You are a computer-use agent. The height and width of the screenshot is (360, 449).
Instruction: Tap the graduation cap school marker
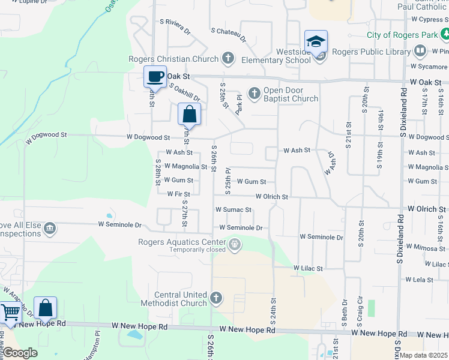click(x=316, y=42)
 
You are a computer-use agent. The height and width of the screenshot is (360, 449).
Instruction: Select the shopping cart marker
click(x=10, y=313)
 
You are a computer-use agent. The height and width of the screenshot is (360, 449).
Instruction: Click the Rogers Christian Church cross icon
click(x=228, y=59)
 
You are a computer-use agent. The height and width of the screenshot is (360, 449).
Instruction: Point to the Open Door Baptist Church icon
click(x=255, y=93)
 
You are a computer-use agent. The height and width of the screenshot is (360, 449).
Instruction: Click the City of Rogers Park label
click(x=403, y=35)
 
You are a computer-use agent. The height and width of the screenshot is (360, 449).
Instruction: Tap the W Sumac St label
click(x=233, y=210)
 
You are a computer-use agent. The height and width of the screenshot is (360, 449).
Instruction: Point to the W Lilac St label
click(x=308, y=268)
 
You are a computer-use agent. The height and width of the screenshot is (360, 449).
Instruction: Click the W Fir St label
click(x=178, y=194)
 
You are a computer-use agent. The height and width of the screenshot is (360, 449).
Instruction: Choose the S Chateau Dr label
click(x=228, y=34)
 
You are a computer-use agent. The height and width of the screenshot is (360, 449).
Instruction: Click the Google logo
click(x=20, y=353)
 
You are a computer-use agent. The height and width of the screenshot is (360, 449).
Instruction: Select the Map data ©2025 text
click(x=424, y=355)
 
